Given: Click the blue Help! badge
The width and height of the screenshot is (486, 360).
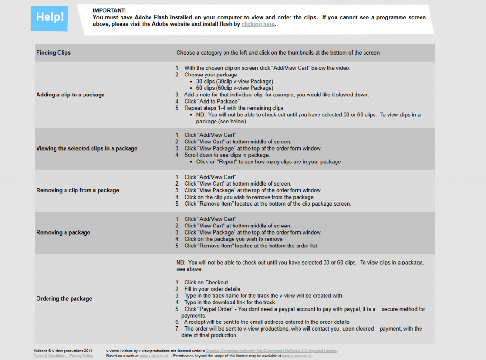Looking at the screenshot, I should click(49, 18).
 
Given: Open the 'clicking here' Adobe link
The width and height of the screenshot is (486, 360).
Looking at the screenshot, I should click(258, 24).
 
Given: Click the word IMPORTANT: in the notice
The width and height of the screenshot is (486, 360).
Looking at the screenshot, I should click(109, 10).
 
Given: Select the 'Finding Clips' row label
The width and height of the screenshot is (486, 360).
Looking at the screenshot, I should click(53, 53).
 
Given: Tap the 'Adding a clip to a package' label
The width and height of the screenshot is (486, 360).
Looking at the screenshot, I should click(70, 95).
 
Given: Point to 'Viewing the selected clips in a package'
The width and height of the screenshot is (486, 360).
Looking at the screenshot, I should click(86, 148).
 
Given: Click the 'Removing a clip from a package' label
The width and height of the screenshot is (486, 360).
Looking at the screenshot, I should click(77, 190).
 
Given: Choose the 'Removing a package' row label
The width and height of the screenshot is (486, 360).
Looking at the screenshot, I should click(63, 232).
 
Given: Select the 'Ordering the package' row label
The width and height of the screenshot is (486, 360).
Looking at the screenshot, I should click(64, 299).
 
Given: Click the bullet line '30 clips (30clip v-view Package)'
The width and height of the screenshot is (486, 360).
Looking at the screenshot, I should click(234, 81).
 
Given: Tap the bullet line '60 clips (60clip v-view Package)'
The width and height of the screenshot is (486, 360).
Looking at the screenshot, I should click(234, 88).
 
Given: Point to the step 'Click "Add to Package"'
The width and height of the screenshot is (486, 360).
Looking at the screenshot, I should click(212, 101).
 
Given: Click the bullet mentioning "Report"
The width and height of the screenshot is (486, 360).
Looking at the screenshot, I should click(268, 161).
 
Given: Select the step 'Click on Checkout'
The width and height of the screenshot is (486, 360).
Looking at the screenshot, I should click(206, 282).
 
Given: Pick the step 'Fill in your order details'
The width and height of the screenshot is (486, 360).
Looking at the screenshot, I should click(212, 289).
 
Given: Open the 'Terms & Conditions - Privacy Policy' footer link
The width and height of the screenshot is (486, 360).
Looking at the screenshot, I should click(63, 356).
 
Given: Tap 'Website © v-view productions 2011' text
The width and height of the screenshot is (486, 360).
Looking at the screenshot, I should click(63, 351).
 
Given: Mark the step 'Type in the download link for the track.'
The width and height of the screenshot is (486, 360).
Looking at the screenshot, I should click(230, 302).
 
